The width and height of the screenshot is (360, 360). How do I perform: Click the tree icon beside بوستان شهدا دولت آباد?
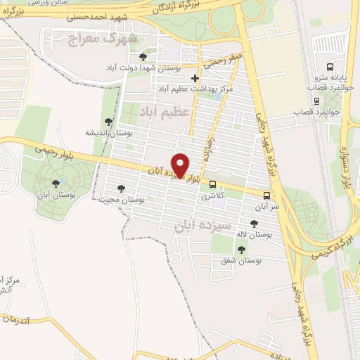[144, 57]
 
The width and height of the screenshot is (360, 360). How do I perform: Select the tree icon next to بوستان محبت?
[121, 188]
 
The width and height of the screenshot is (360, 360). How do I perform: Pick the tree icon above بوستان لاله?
[253, 224]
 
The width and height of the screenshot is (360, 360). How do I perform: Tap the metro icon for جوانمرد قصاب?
[316, 100]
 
